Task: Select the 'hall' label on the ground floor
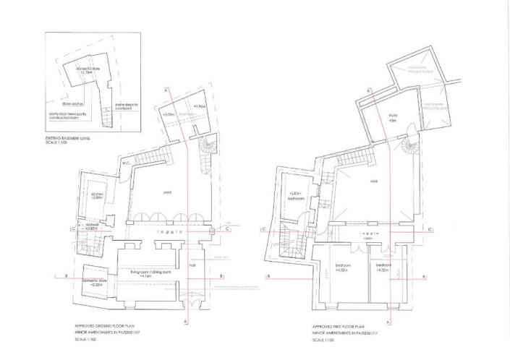[x=192, y=265]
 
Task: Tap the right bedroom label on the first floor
[x=385, y=267]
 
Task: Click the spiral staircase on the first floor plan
[x=409, y=150]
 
